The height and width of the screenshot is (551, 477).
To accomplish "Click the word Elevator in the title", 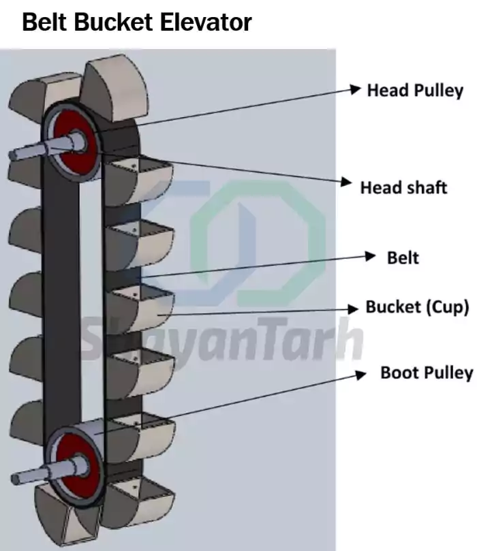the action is click(206, 22).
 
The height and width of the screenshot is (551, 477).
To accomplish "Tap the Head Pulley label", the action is click(415, 91).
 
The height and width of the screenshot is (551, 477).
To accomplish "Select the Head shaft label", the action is click(403, 188).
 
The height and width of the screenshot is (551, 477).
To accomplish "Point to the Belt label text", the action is click(403, 258).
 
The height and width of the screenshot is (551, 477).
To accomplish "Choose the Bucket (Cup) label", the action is click(417, 307).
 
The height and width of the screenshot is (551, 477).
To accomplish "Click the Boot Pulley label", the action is click(427, 373).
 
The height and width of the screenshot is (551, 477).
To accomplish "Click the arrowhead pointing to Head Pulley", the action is click(356, 89).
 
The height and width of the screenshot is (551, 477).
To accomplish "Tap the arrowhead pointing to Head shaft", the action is click(346, 182).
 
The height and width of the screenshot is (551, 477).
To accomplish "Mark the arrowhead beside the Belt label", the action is click(370, 256).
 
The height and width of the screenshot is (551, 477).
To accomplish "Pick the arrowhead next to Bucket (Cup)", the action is click(352, 309).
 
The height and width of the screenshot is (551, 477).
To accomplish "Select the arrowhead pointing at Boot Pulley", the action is click(360, 375).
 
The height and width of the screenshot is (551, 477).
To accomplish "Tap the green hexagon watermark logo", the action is click(258, 242).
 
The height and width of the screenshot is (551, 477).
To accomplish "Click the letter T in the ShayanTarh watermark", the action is click(273, 337).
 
